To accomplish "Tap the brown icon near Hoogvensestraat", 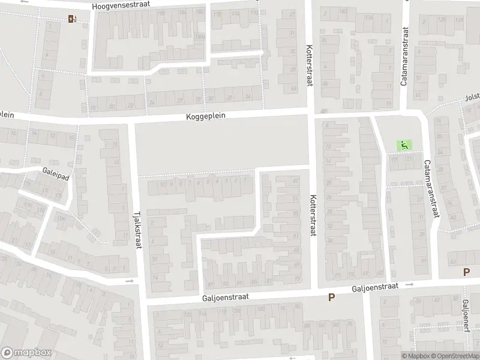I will point(72,18).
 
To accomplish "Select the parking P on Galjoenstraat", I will point(331,298).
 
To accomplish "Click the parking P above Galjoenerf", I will point(466,272).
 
